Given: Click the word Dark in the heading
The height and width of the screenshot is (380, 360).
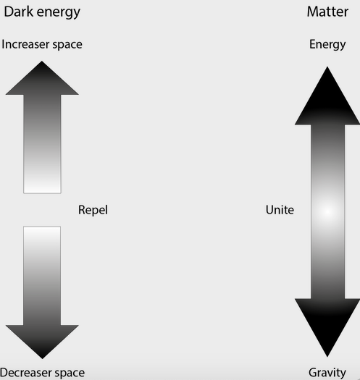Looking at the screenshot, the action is point(18,12).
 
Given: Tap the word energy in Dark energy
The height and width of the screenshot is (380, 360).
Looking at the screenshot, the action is point(58,12).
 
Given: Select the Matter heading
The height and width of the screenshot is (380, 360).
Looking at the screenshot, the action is point(327,12).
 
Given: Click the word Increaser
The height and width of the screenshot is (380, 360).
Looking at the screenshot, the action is point(26,44).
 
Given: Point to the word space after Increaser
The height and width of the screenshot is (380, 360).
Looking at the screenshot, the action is point(67,46).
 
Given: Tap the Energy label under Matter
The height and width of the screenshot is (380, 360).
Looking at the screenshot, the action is point(327,45).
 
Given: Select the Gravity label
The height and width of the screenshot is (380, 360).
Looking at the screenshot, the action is point(327,373).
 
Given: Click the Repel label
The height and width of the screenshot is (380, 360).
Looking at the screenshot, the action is point(93,211).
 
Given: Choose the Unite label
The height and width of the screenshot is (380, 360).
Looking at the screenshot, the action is point(280,210).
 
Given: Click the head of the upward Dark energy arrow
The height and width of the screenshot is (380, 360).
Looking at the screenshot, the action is point(42,77).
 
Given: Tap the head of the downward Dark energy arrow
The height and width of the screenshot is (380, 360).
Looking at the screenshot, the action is point(42,342).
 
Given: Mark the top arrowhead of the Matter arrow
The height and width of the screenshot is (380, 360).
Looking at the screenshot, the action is point(327,96).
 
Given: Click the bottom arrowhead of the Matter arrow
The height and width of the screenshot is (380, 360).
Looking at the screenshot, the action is point(327,328).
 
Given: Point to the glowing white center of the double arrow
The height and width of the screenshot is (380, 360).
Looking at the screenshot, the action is point(327,212).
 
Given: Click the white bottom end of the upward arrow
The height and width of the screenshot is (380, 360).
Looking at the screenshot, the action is point(42,187).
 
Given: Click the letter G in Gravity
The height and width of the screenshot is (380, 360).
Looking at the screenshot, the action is point(313,373).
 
